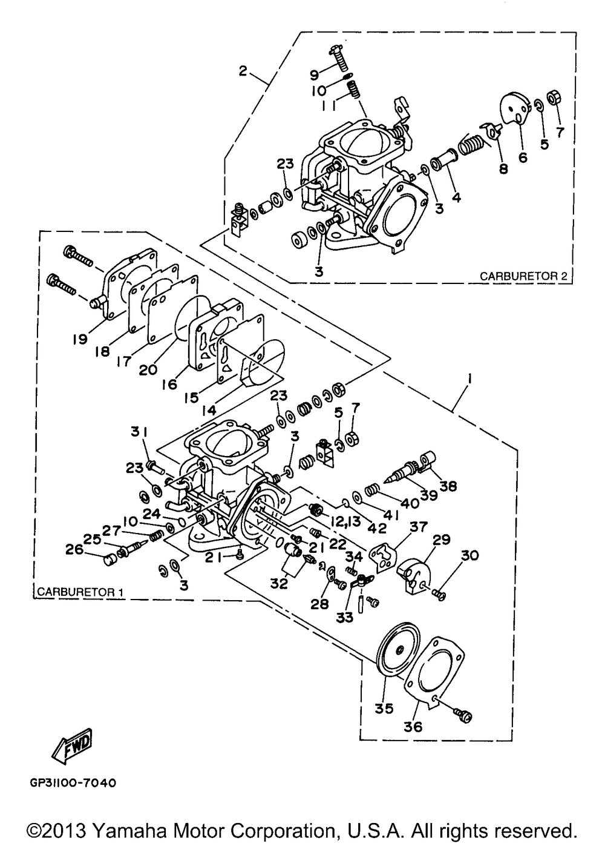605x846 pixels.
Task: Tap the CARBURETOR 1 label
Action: (x=80, y=592)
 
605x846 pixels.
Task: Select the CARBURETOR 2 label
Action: (x=523, y=276)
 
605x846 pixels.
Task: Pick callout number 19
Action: (x=80, y=339)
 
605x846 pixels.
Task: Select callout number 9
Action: (x=314, y=76)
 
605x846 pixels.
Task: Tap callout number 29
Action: (x=442, y=540)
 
